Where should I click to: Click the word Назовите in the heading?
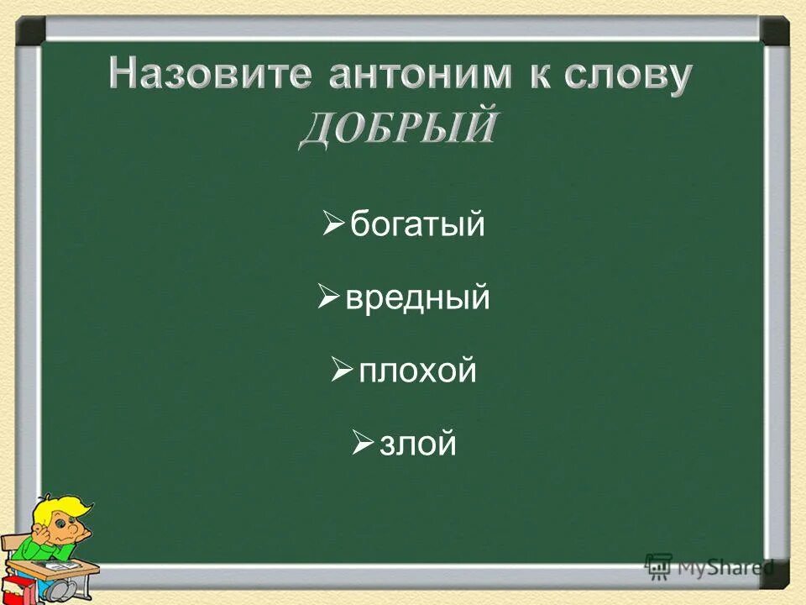(207, 76)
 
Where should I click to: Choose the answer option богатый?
(417, 225)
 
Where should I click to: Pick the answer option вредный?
(417, 298)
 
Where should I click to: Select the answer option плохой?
(417, 371)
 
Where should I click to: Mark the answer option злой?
(418, 444)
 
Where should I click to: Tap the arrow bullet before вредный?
(328, 297)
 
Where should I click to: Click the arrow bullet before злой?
(363, 442)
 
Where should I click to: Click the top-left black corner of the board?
(30, 31)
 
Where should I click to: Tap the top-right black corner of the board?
(774, 31)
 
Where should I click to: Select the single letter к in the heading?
(534, 76)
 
